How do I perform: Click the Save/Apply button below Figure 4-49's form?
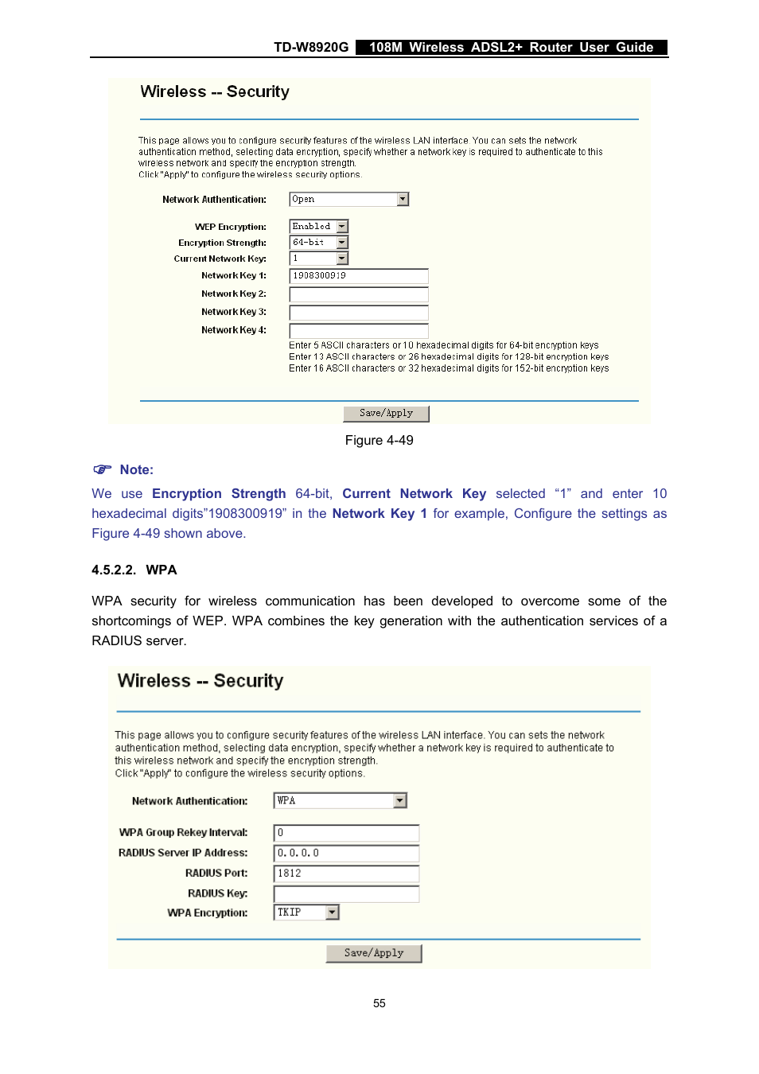click(386, 414)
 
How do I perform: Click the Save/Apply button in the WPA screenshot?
click(373, 953)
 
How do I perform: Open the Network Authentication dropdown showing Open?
click(348, 200)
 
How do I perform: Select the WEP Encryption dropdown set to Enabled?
click(319, 227)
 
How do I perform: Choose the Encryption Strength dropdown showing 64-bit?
click(319, 243)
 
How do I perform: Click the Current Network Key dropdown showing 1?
click(319, 259)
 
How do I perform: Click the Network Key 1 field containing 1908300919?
click(358, 276)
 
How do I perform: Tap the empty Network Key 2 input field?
click(358, 294)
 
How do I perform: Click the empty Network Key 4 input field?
click(358, 330)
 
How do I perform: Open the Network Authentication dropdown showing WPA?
click(340, 801)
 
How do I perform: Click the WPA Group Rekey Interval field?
click(346, 833)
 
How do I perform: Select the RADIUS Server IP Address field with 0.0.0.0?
click(346, 853)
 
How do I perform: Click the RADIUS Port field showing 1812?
click(346, 874)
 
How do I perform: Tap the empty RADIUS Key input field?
click(346, 894)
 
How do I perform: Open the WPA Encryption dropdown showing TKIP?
click(306, 913)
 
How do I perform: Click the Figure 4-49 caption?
click(379, 441)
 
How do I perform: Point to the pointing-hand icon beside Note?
click(102, 469)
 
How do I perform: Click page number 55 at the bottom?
click(379, 1004)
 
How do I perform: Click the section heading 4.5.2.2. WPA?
click(134, 570)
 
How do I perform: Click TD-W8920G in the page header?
click(311, 48)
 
